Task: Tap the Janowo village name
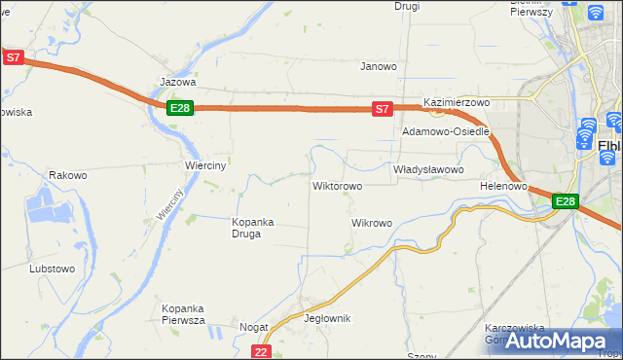pos(379,67)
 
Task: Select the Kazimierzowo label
pos(456,102)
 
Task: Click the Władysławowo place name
pos(428,169)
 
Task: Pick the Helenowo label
pos(503,186)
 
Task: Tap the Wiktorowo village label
pos(337,186)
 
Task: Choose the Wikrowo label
pos(371,223)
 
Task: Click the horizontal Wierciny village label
pos(205,165)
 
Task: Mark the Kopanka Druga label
pos(253,228)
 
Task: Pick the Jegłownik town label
pos(327,318)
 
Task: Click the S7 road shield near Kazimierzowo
pos(384,109)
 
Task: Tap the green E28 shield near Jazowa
pos(179,108)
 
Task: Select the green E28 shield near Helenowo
pos(566,201)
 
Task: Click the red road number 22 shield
pos(260,351)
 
